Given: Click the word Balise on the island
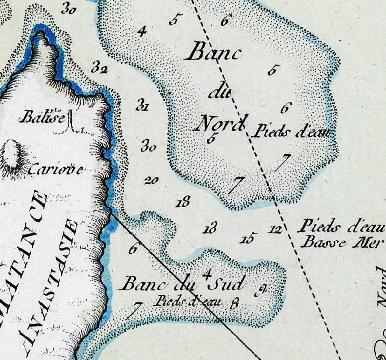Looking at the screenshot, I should (42, 118).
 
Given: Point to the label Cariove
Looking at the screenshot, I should (56, 170).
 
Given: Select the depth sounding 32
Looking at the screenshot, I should (99, 68).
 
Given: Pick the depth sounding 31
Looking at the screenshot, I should (142, 105).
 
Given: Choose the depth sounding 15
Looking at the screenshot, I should (248, 238).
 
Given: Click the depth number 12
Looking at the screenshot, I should (275, 229).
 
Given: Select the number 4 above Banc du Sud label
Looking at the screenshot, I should (208, 274).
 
